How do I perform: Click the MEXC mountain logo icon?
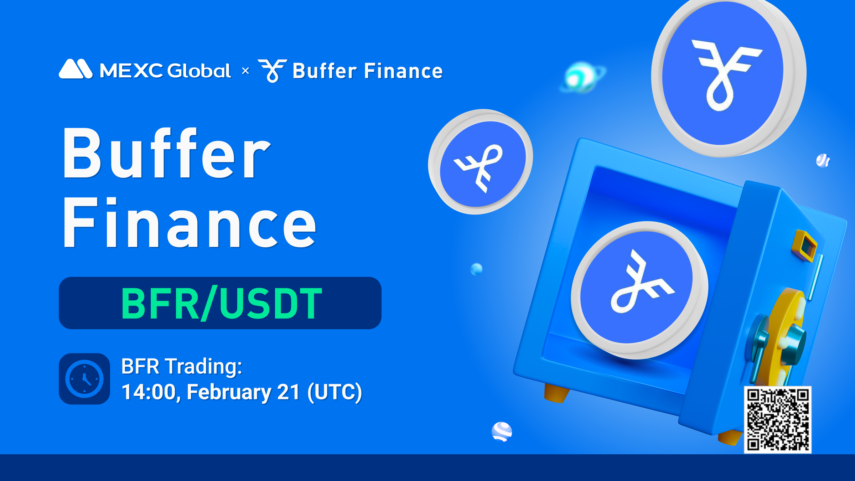[x=76, y=69]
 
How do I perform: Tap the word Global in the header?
[x=199, y=70]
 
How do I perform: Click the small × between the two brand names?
[x=245, y=71]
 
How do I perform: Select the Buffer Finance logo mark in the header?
[x=273, y=71]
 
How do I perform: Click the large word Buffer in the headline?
[x=167, y=153]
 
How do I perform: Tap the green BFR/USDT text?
[x=222, y=304]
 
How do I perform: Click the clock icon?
[x=84, y=379]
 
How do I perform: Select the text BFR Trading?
[x=182, y=366]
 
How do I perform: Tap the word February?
[x=229, y=393]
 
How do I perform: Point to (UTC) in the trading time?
[x=335, y=393]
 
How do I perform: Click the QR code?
[x=778, y=420]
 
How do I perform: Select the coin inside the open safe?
[x=639, y=290]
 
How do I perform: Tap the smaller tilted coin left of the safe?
[x=481, y=162]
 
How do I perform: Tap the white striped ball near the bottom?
[x=502, y=432]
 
